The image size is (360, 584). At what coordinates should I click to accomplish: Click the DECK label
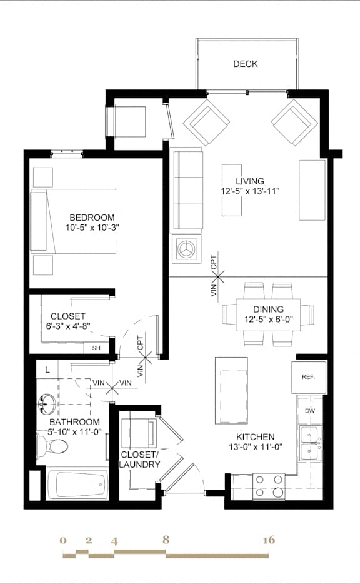(246, 64)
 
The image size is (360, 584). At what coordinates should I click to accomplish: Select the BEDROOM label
(92, 218)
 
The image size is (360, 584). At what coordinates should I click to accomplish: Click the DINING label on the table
(269, 309)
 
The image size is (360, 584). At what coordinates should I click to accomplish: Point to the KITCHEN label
(255, 436)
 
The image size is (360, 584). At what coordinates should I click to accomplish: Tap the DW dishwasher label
(310, 411)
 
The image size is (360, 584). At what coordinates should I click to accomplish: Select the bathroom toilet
(54, 446)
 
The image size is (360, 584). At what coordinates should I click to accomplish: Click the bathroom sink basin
(46, 405)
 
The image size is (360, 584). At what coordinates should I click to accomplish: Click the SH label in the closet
(96, 348)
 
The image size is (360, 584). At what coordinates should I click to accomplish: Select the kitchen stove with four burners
(268, 485)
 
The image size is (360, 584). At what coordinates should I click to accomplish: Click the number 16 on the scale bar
(269, 540)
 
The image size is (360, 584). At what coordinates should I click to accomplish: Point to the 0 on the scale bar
(63, 540)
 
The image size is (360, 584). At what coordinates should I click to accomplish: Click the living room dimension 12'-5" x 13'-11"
(244, 191)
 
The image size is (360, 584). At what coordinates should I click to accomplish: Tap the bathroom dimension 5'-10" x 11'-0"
(76, 431)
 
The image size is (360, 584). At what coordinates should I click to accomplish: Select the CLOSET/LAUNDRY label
(141, 460)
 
